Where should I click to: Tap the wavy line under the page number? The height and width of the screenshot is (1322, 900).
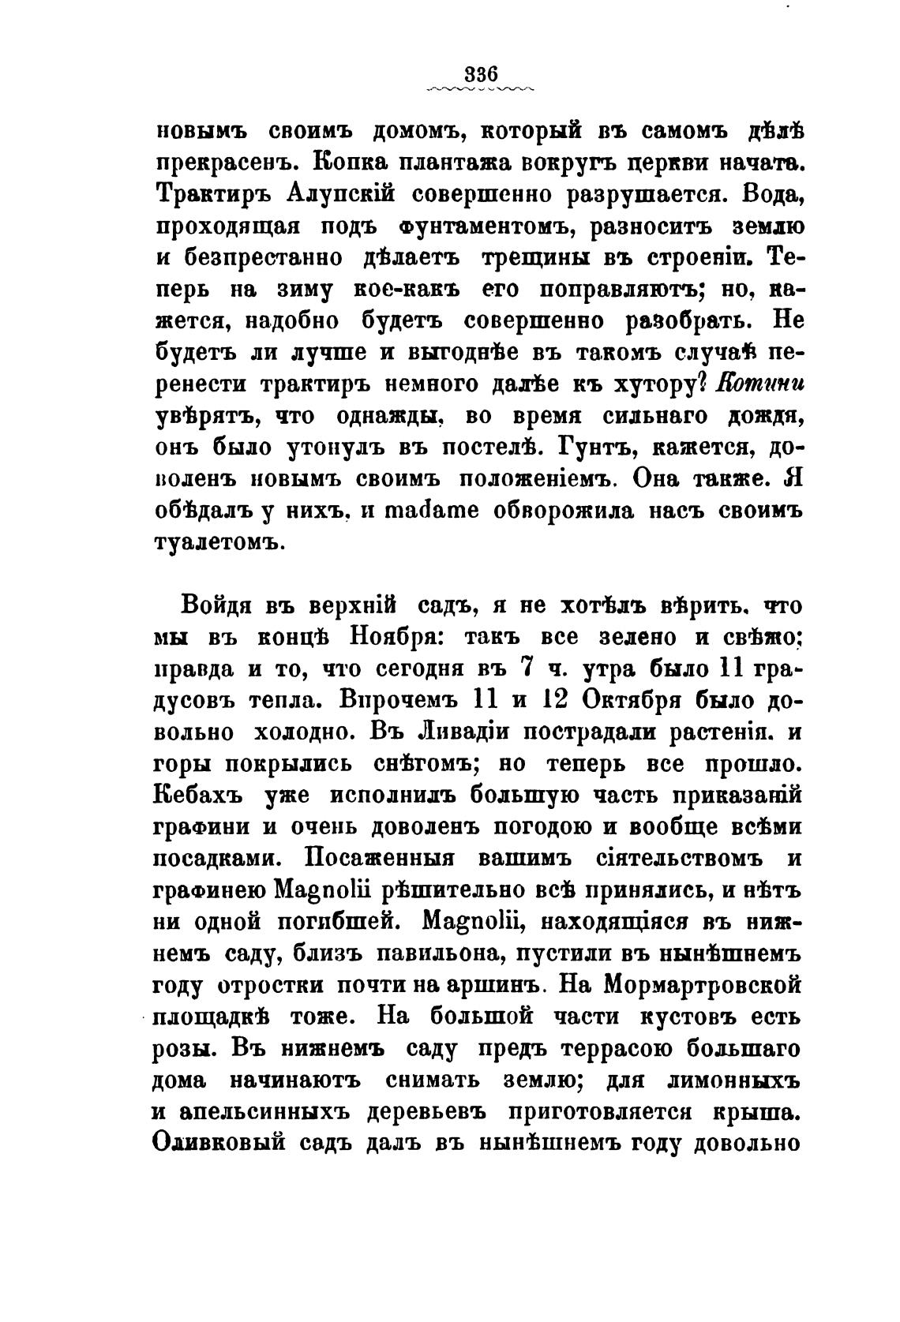coord(480,89)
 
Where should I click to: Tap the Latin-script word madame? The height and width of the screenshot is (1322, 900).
coord(427,511)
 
